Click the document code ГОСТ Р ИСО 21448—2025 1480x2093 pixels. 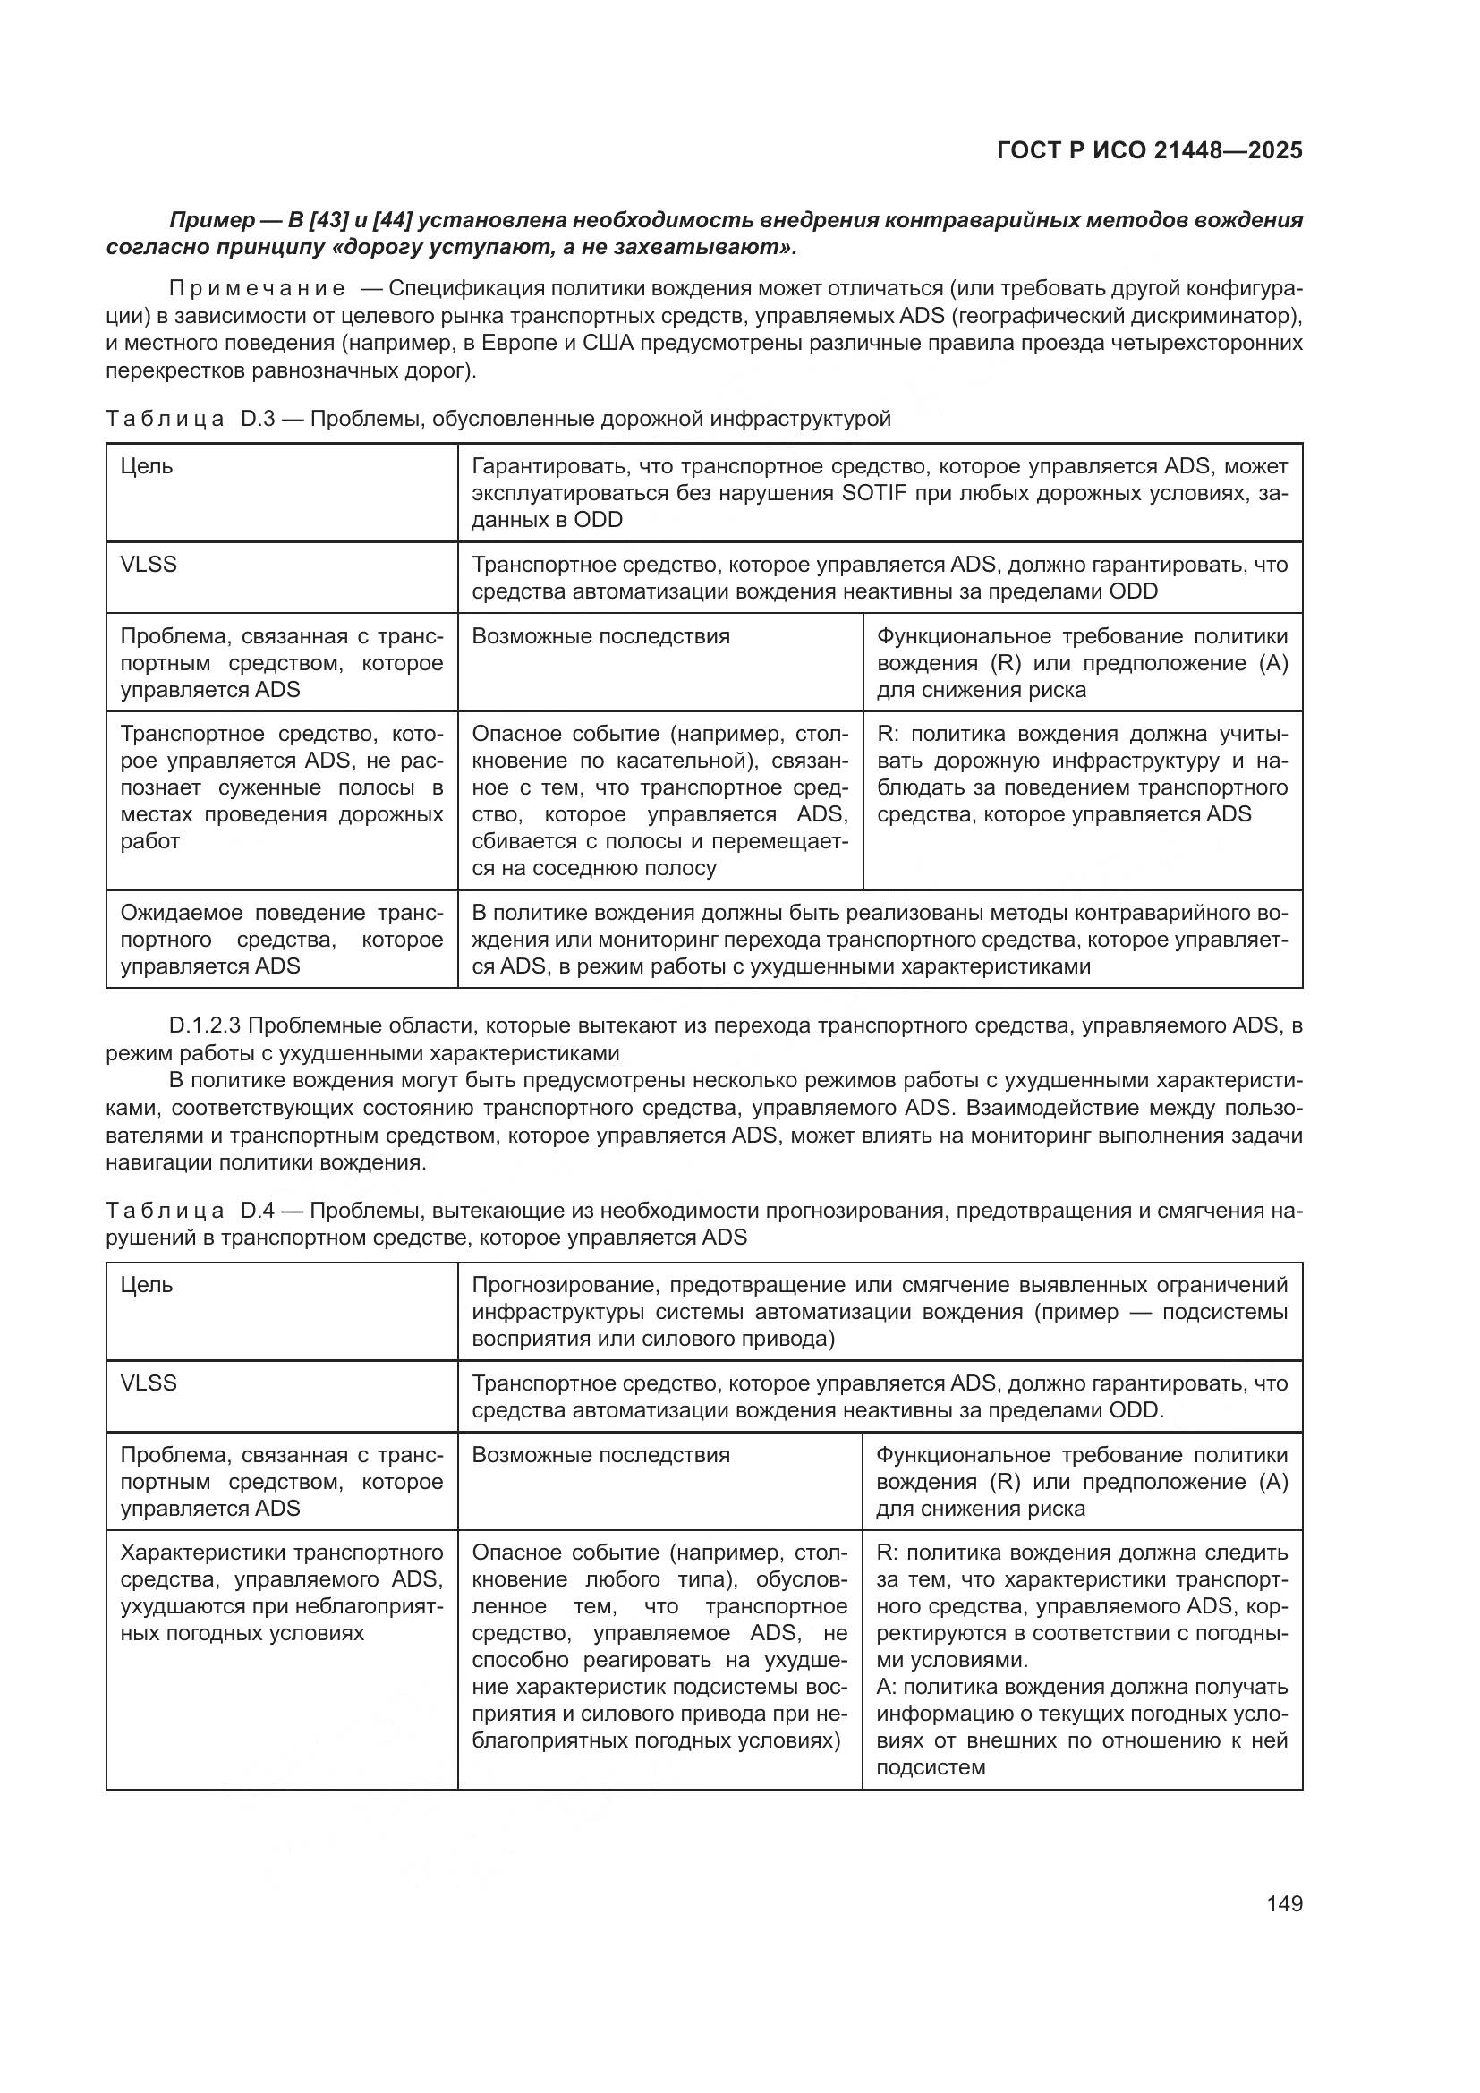tap(1149, 150)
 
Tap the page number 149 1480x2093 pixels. tap(1284, 1904)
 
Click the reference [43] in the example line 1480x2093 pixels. tap(333, 221)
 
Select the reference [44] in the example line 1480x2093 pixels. tap(394, 221)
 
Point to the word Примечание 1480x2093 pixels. tap(257, 289)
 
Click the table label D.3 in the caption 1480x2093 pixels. tap(257, 420)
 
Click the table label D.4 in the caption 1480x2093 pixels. tap(257, 1212)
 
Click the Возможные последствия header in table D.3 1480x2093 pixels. tap(600, 636)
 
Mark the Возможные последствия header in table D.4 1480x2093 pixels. tap(600, 1455)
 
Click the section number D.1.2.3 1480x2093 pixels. tap(205, 1026)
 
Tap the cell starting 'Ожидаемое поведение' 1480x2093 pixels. tap(282, 939)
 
